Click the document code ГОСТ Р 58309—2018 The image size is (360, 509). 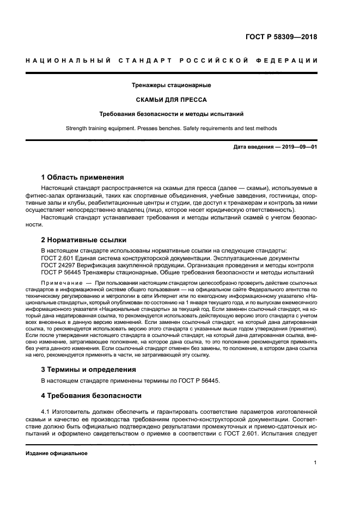pos(281,38)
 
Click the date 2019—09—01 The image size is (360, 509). pos(298,148)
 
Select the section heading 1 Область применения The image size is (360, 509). pos(82,177)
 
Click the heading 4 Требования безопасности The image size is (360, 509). pos(91,395)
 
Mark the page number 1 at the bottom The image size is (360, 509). pos(315,463)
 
